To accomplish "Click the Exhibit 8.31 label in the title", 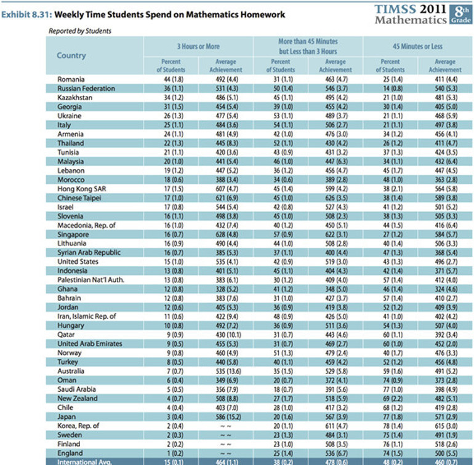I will click(x=26, y=14).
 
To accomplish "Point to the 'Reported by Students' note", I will click(x=75, y=31).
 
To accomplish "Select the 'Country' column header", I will click(x=71, y=55).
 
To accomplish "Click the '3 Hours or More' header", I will click(x=198, y=46).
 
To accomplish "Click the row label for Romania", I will click(x=71, y=79).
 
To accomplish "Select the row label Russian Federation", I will click(x=86, y=89).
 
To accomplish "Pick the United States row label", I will click(x=79, y=261).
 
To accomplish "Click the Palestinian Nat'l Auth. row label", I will click(x=90, y=280).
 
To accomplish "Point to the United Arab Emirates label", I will click(x=89, y=343).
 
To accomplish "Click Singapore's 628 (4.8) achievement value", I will click(x=226, y=234).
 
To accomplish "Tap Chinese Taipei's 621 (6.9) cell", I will click(x=226, y=198).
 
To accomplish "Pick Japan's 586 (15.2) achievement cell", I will click(x=226, y=416).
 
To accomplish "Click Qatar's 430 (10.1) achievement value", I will click(x=226, y=334).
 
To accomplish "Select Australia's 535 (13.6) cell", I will click(x=226, y=371).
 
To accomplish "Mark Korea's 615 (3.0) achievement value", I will click(x=444, y=425).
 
